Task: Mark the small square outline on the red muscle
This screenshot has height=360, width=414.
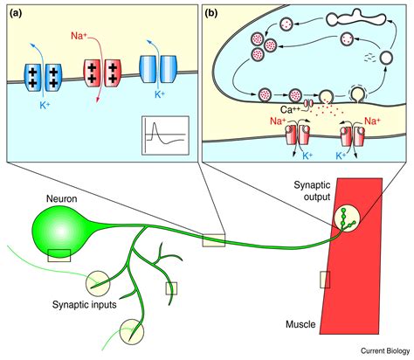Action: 325,279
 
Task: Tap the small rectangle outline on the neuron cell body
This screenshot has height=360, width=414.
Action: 59,254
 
